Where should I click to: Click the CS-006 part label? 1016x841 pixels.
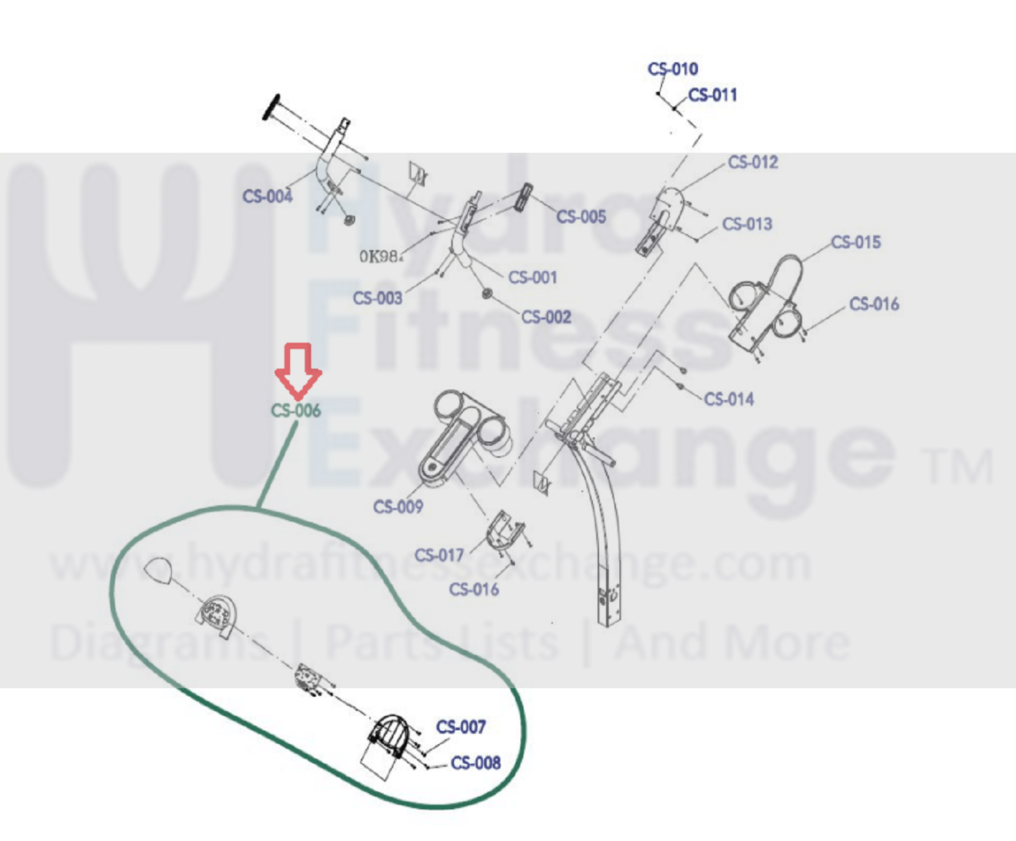coord(295,410)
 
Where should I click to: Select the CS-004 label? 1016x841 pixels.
coord(267,196)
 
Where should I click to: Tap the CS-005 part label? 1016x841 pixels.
coord(581,217)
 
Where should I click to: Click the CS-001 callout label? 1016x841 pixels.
coord(532,278)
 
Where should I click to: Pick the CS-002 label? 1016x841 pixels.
coord(546,318)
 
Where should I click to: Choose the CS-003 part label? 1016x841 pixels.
coord(377,299)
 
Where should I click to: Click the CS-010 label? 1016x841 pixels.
coord(672,69)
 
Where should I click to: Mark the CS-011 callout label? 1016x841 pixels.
coord(712,95)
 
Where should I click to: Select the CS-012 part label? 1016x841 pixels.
coord(752,163)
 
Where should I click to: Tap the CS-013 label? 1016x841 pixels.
coord(747,224)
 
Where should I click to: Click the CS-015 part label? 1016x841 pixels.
coord(855,243)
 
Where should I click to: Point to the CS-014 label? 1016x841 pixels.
coord(729,400)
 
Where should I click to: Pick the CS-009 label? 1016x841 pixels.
coord(398,507)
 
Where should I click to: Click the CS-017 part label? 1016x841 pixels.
coord(439,556)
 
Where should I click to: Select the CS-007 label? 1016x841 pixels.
coord(461,727)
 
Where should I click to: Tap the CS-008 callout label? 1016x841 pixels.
coord(475,763)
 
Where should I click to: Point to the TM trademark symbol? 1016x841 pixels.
coord(959,468)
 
